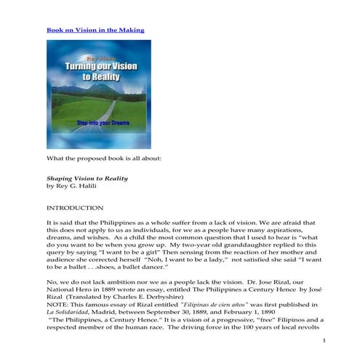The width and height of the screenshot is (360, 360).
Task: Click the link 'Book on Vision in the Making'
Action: pos(95,30)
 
